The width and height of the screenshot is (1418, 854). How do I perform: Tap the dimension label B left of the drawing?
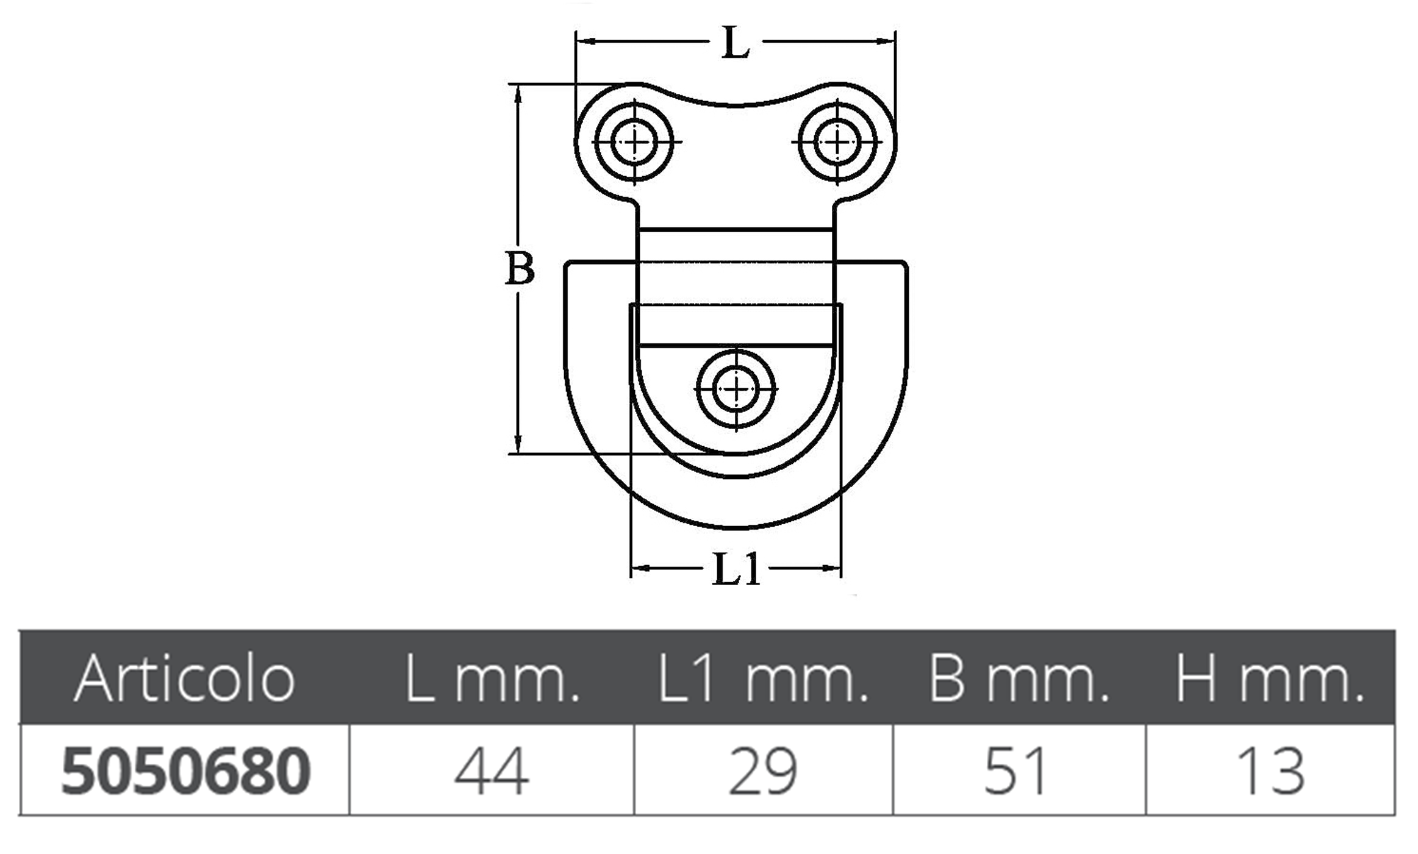(520, 268)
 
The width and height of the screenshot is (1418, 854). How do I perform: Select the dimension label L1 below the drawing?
(737, 569)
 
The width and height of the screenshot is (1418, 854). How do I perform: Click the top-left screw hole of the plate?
(634, 142)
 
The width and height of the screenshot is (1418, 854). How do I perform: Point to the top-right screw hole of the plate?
(837, 142)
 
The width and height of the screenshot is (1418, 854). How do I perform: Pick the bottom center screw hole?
(736, 389)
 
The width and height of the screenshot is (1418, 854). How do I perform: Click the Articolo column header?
(184, 678)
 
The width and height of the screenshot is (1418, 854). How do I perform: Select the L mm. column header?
(492, 678)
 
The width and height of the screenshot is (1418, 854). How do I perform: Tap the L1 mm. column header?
(762, 678)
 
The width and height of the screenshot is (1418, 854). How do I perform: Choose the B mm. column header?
(1018, 678)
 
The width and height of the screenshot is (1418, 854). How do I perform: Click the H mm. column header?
(1270, 678)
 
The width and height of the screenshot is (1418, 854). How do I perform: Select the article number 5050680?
(185, 772)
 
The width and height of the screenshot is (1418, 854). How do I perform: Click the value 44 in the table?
(492, 772)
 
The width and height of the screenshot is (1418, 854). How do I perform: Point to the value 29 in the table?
(763, 772)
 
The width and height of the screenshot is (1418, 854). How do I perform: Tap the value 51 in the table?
(1015, 772)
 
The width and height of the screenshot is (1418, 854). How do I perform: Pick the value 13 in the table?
(1270, 772)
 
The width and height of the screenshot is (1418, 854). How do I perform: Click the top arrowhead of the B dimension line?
(518, 91)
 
